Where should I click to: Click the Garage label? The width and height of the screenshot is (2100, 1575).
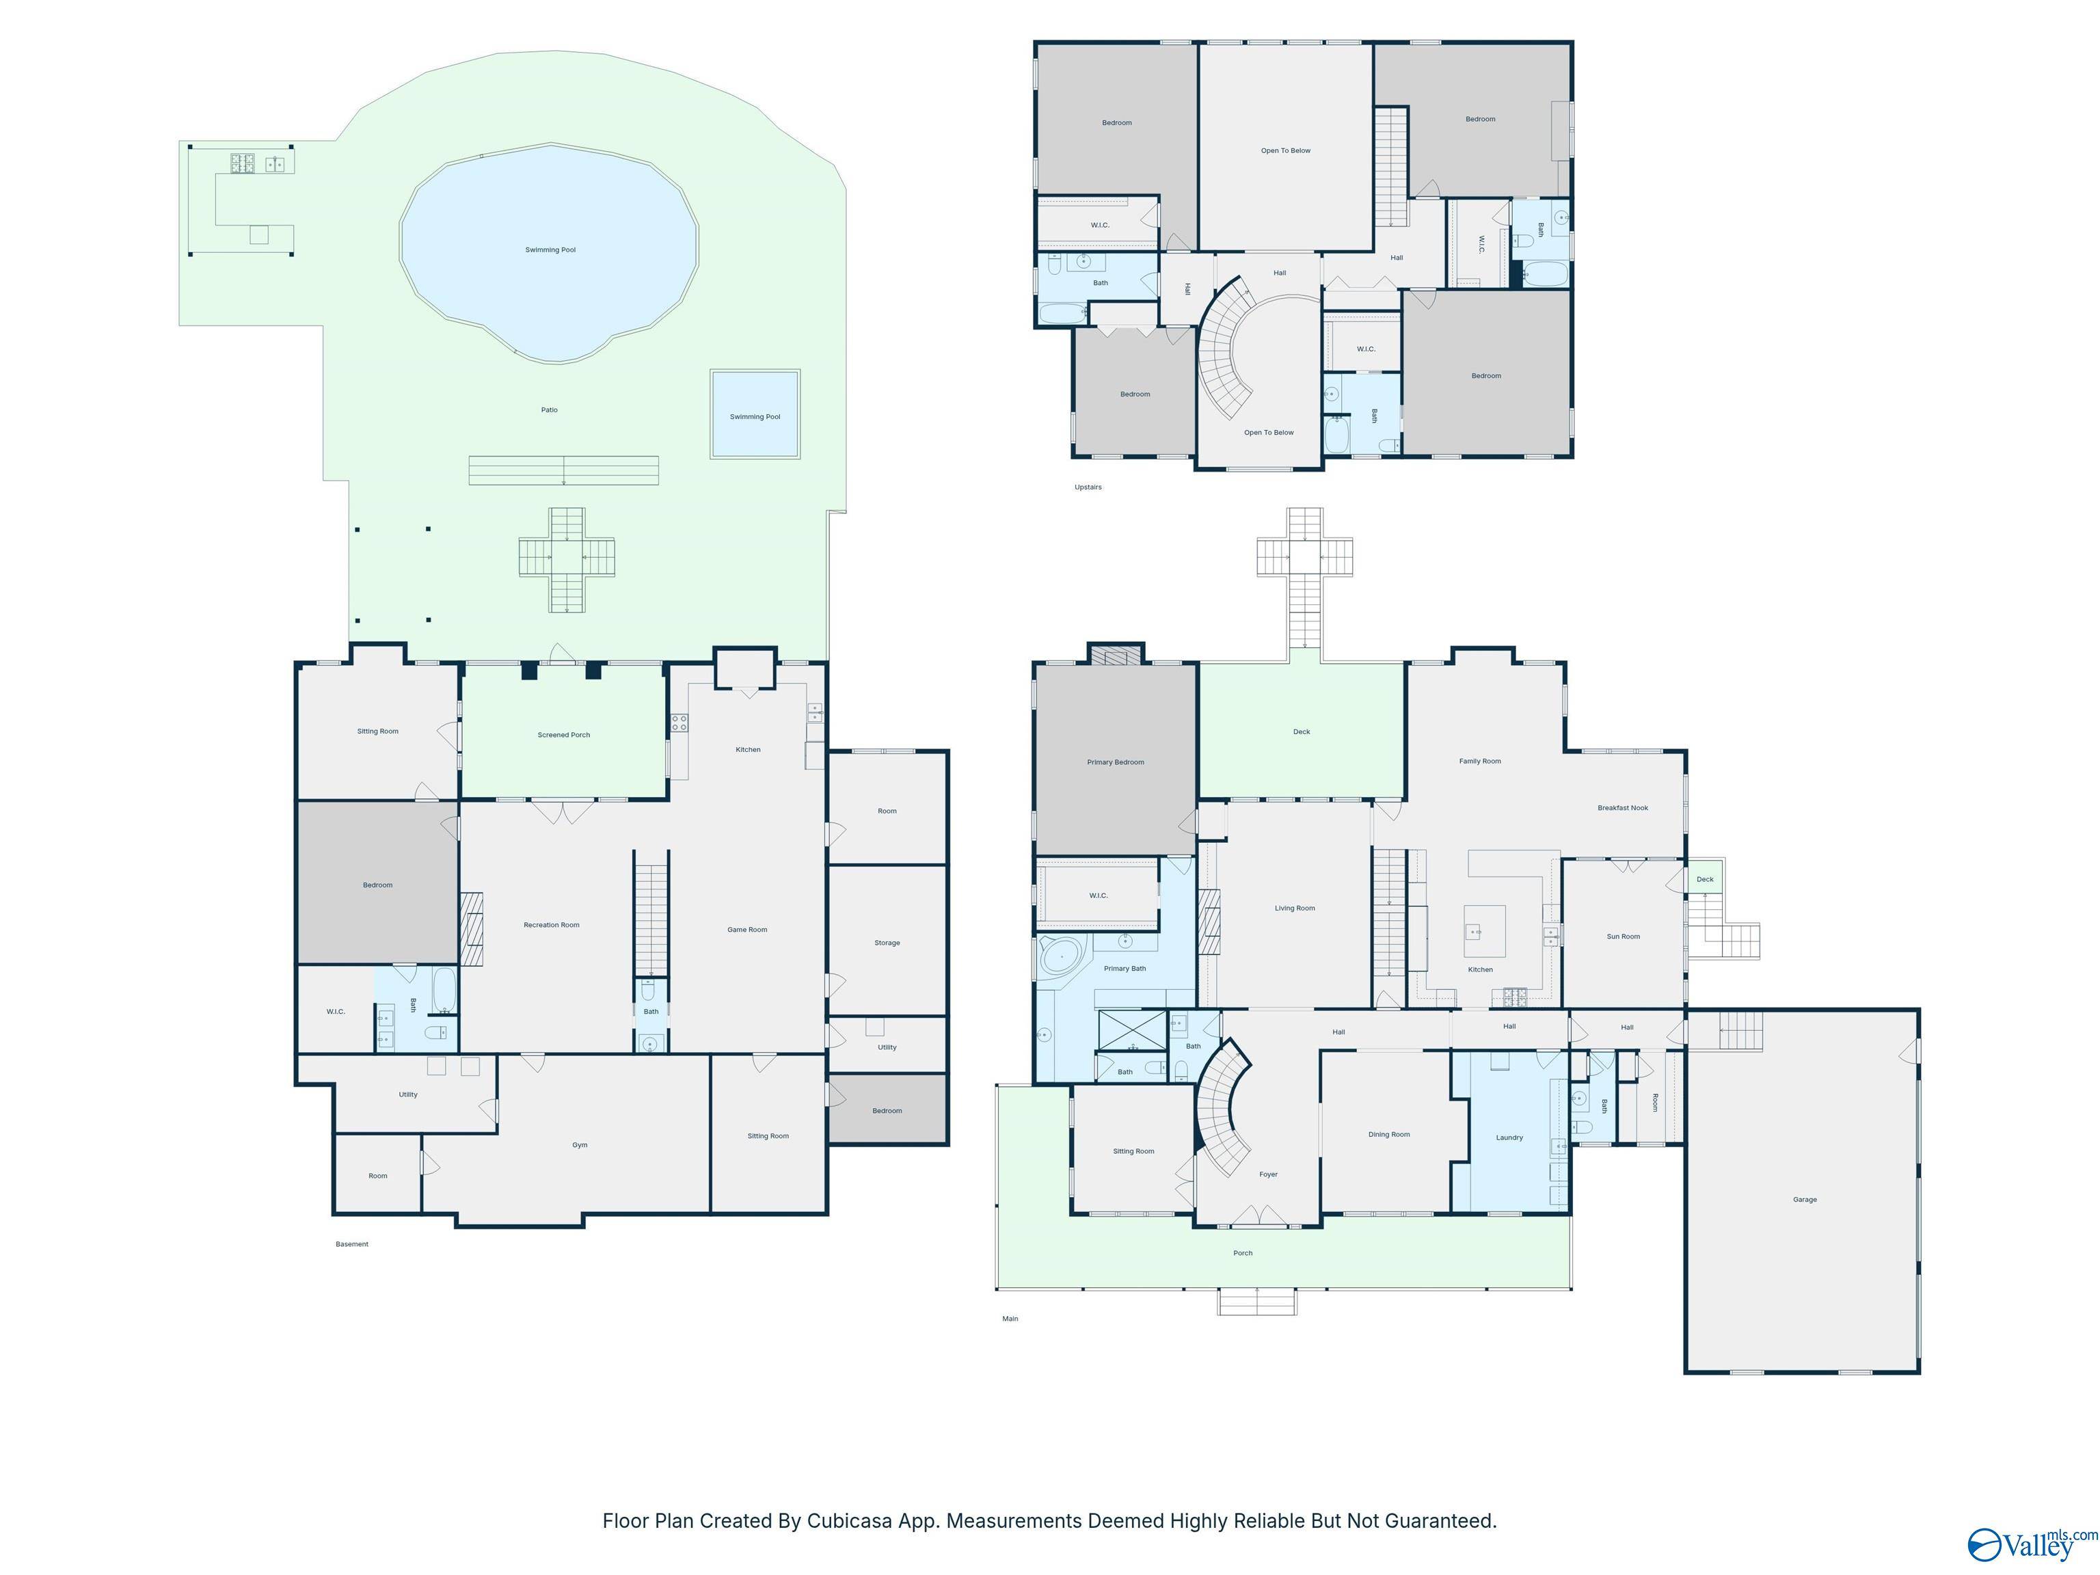click(x=1805, y=1199)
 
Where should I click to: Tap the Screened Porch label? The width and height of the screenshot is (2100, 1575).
click(x=564, y=735)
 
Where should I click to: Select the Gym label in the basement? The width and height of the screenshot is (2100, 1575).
click(x=579, y=1145)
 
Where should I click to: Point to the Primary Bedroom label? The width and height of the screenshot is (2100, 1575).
click(x=1116, y=762)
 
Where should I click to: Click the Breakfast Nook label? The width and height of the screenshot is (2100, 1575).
click(x=1622, y=808)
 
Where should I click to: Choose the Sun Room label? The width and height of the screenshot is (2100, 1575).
click(x=1624, y=936)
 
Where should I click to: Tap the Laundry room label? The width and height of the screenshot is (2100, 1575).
click(x=1509, y=1137)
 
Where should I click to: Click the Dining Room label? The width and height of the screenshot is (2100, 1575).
click(x=1389, y=1135)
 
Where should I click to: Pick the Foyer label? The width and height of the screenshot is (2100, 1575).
click(x=1268, y=1174)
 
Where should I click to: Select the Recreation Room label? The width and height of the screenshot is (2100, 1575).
click(x=552, y=925)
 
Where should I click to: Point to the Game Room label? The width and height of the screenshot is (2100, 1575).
click(x=747, y=930)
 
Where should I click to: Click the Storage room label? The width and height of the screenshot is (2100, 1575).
click(x=887, y=943)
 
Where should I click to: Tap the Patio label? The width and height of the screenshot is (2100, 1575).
click(x=550, y=410)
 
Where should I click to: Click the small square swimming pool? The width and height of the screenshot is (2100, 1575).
click(x=755, y=415)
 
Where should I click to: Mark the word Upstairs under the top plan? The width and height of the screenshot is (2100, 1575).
click(x=1088, y=487)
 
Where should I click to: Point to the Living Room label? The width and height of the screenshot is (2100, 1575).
click(x=1295, y=908)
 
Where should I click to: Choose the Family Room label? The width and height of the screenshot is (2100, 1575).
click(x=1480, y=762)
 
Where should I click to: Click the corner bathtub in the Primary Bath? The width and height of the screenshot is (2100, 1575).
click(x=1055, y=957)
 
